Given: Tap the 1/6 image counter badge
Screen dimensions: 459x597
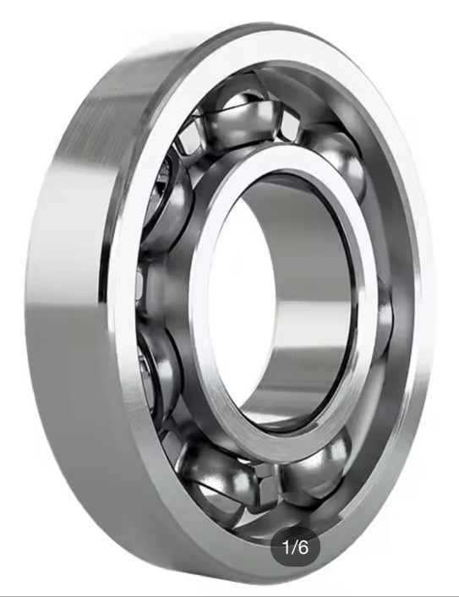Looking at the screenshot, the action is tap(295, 547).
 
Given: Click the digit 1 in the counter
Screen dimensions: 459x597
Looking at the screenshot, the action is tap(287, 547).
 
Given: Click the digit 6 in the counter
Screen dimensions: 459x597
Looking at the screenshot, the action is tap(303, 547).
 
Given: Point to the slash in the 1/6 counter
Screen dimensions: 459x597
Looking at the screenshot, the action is tap(293, 547).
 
